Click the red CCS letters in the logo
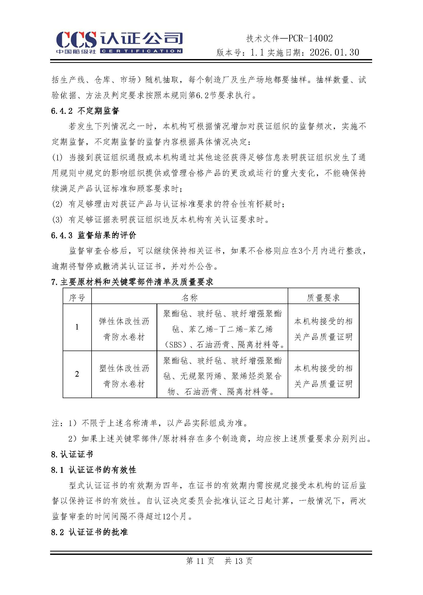(76, 40)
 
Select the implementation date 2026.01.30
(335, 53)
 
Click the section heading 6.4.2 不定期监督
(85, 111)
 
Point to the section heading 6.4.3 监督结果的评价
(94, 235)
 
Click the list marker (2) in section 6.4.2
(57, 204)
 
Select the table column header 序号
(77, 297)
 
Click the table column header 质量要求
(323, 297)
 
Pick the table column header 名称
(190, 297)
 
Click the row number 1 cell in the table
(77, 327)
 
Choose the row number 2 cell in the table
(77, 374)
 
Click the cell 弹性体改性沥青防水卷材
(124, 329)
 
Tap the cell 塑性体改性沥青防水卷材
(124, 376)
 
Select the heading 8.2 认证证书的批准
(89, 532)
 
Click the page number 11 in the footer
(200, 561)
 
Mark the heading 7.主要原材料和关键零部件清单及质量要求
(132, 282)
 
